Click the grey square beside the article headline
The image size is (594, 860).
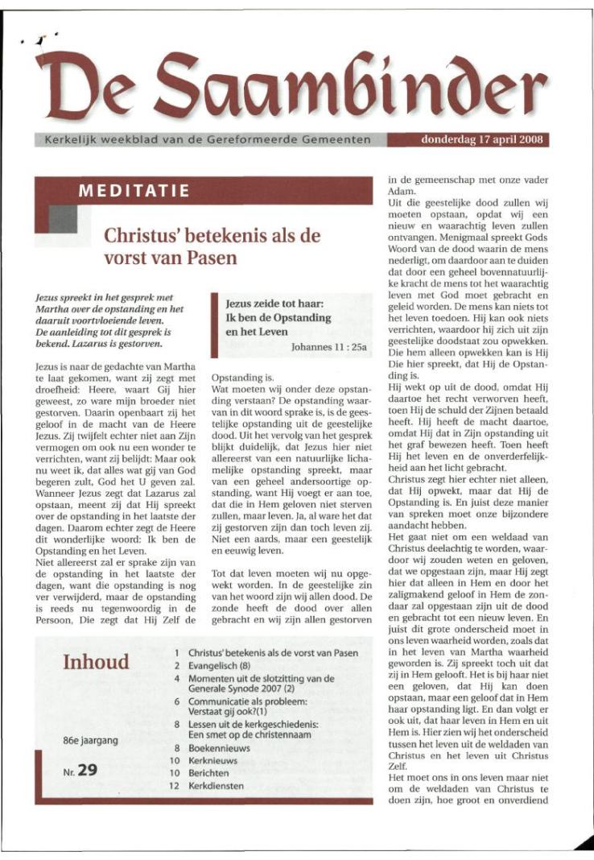63,218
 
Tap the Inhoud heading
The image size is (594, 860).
96,663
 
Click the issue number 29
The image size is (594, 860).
88,771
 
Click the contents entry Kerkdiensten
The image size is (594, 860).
217,785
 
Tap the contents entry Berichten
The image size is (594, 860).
210,773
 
